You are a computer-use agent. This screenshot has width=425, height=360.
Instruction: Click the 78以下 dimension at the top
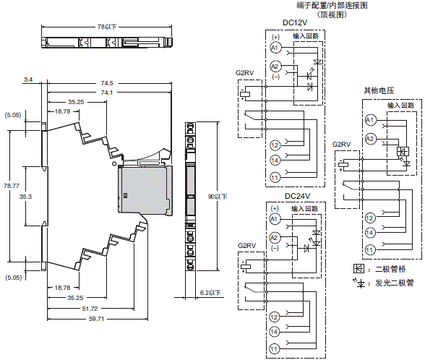tap(106, 27)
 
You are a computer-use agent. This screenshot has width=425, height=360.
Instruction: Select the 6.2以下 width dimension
tap(211, 293)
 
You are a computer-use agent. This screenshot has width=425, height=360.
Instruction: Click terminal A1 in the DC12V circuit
tap(274, 48)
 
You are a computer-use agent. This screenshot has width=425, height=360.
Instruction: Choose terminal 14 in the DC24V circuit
tap(274, 332)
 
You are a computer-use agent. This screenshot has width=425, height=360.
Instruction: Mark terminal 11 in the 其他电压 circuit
tap(369, 249)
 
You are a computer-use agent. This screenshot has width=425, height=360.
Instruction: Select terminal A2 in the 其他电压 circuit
tap(370, 137)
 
